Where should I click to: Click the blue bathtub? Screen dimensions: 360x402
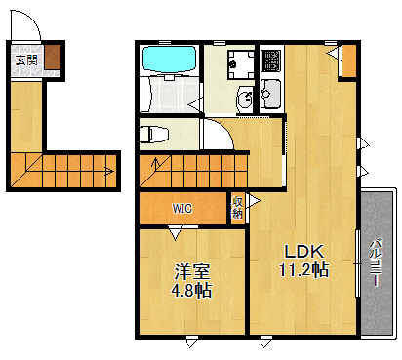tap(170, 60)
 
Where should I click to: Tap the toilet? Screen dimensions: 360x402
tap(155, 133)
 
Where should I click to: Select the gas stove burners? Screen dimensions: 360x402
tap(270, 61)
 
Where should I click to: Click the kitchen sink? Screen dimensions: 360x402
tap(270, 95)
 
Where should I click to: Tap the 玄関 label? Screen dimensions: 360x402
tap(25, 60)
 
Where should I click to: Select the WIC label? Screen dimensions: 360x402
tap(182, 208)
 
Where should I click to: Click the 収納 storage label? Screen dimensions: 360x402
tap(237, 207)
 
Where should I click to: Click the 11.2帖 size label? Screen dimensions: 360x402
tap(303, 268)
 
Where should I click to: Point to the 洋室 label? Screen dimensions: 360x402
tap(191, 270)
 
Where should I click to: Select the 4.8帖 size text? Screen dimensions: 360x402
tap(191, 290)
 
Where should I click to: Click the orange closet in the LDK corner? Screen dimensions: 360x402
tap(347, 61)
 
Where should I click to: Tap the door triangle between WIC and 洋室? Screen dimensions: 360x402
tap(176, 232)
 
